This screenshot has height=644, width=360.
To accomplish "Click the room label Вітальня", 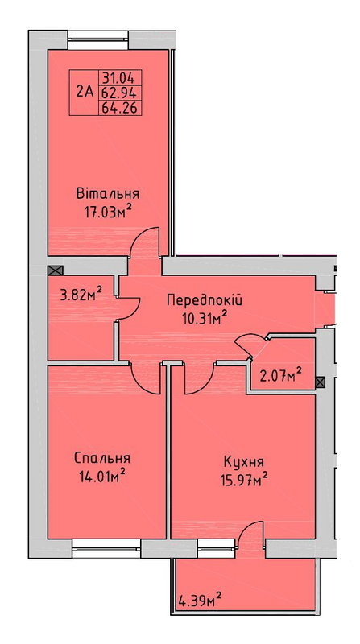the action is point(108,194).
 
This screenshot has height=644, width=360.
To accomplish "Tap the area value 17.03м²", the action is point(108,213).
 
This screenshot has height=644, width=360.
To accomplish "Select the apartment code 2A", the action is point(85,91).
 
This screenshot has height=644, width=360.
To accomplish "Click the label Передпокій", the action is point(205,299).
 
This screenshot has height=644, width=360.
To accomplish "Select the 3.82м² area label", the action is point(81,295).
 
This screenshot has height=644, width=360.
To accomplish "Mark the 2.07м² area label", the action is point(282,374).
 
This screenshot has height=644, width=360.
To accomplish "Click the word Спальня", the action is point(103,457).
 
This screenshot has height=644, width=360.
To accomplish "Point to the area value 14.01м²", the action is point(102,477).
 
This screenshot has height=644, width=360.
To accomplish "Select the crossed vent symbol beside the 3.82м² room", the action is point(56,270).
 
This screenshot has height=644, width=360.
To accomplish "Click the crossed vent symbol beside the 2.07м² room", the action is point(321,382).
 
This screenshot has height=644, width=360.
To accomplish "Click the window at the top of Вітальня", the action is point(98,39).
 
